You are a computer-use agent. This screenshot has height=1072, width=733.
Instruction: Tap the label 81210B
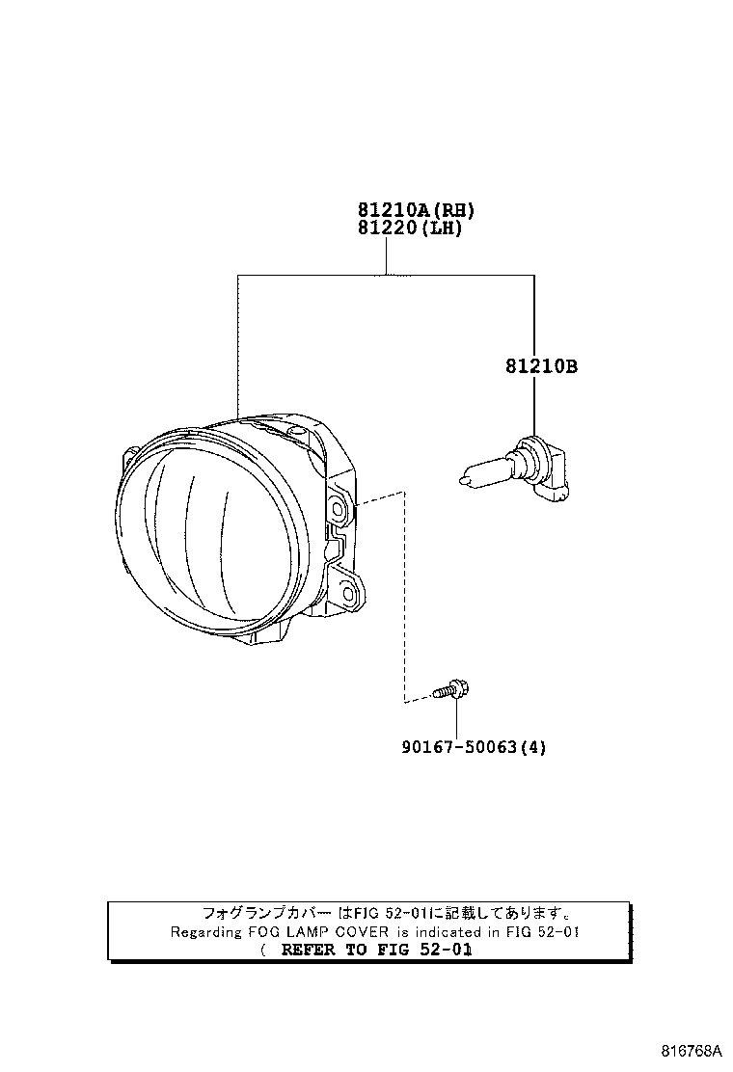coord(540,366)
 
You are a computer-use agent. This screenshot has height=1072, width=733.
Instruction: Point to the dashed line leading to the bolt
coord(405,598)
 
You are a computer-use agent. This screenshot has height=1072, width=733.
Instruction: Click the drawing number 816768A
coord(691,1051)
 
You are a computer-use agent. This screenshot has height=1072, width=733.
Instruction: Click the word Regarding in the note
coord(206,931)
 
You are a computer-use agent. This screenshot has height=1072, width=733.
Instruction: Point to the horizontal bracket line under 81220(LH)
coord(386,275)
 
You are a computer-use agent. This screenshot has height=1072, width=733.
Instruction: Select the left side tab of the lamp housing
coord(128,454)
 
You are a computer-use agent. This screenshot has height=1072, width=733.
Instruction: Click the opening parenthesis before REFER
coord(262,950)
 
